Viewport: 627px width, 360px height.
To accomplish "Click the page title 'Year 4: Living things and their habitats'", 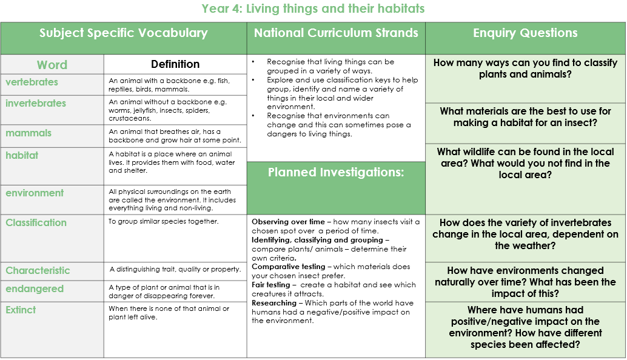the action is click(x=313, y=8).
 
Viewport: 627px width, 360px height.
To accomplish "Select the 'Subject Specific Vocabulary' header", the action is click(x=124, y=33).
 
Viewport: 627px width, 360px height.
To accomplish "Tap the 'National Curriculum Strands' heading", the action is click(x=336, y=33).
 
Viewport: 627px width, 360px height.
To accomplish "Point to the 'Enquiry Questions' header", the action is click(x=525, y=33).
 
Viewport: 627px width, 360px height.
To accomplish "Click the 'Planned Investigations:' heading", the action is click(x=336, y=172).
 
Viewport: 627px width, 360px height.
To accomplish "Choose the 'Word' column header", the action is click(x=52, y=65).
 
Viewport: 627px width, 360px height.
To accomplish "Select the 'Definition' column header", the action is click(x=175, y=64).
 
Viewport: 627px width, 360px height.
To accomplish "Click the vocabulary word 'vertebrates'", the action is click(x=32, y=82).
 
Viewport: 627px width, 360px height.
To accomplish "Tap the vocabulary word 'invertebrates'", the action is click(x=36, y=103).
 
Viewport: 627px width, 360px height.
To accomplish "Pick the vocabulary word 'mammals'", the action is click(x=29, y=133).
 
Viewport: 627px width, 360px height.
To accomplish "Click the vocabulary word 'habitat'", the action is click(x=22, y=155).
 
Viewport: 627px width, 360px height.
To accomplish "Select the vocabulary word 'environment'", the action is click(x=35, y=193).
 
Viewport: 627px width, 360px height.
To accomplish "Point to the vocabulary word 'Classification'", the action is click(x=36, y=222).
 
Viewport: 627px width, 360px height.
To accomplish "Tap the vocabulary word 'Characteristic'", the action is click(x=38, y=270).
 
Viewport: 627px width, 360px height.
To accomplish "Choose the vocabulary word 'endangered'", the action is click(x=35, y=289).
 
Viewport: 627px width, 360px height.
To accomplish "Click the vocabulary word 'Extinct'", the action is click(x=21, y=310).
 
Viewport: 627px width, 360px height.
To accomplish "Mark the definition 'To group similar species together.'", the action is click(x=164, y=221).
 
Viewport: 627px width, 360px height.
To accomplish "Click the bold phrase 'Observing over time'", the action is click(x=288, y=222).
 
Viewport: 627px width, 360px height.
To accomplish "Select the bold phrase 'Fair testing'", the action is click(x=270, y=284).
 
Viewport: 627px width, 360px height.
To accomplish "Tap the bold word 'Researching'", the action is click(x=274, y=303).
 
